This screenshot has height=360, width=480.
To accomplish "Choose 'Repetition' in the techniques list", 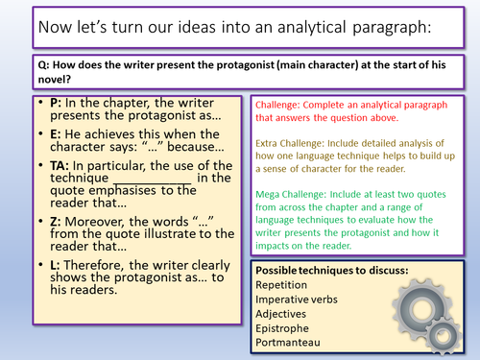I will coord(285,288).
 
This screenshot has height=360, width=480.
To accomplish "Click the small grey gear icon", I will coord(444,337).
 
